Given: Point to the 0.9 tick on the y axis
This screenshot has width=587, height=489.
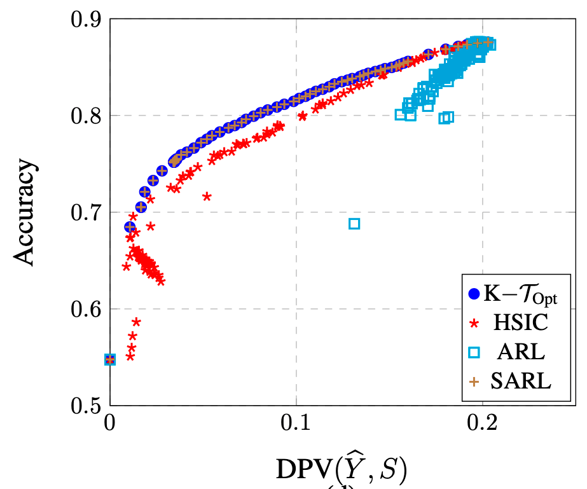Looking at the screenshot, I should click(88, 19).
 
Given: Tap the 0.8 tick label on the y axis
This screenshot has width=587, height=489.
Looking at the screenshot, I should click(88, 116).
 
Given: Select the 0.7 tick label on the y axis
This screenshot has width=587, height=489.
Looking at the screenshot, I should click(88, 212).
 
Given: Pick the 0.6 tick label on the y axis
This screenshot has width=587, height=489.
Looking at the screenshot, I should click(88, 309).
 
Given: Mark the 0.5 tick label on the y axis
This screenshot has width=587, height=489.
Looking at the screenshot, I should click(88, 405).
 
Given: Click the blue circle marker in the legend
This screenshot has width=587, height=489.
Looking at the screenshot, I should click(474, 294).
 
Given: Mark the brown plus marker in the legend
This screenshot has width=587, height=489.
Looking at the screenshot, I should click(474, 382).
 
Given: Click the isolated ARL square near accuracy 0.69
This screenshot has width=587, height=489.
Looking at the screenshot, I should click(354, 223).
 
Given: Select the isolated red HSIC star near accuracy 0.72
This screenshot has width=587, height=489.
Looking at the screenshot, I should click(207, 196).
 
